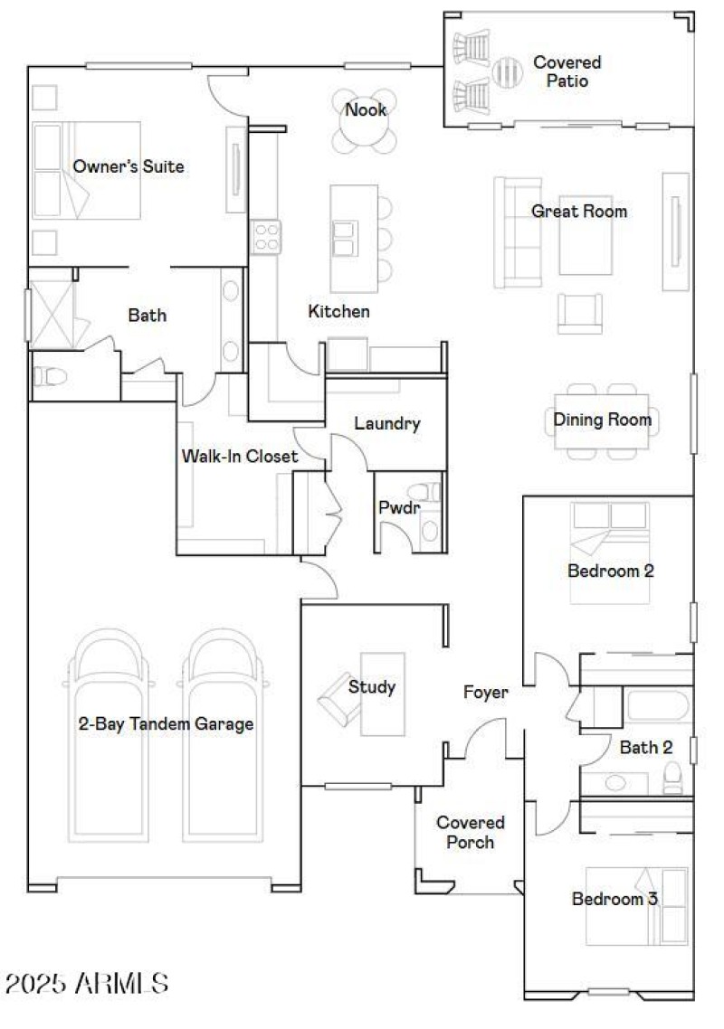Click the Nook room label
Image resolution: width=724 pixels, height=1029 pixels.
coord(366,110)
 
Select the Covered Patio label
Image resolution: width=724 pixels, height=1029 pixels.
coord(567,71)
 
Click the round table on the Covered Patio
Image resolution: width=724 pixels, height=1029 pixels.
coord(509,69)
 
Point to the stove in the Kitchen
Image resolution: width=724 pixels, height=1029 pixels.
coord(266,237)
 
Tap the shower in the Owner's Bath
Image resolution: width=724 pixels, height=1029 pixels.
coord(52,315)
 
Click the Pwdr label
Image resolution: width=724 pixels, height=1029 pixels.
coord(398,508)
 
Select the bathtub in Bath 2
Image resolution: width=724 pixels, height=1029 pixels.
coord(659,705)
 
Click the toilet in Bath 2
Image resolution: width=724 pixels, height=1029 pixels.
coord(672,777)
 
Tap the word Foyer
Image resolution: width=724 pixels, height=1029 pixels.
coord(486,693)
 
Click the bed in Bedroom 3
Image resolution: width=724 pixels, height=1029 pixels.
coord(636,904)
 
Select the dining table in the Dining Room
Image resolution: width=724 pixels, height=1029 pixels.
coord(602,420)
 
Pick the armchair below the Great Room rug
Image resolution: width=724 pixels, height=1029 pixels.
coord(579,313)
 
